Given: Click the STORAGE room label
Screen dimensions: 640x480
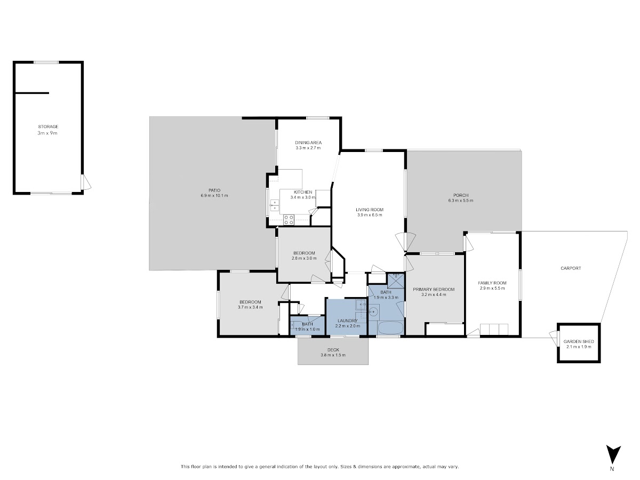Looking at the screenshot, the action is pyautogui.click(x=48, y=126).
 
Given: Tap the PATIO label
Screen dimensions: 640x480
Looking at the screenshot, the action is pyautogui.click(x=214, y=190).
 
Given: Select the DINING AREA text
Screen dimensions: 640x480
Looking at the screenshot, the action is pyautogui.click(x=308, y=142).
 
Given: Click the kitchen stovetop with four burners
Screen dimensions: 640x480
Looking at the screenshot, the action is pyautogui.click(x=289, y=220).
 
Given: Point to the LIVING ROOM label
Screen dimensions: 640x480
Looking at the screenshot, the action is pyautogui.click(x=370, y=210).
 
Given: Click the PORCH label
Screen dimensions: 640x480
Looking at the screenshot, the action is pyautogui.click(x=461, y=195).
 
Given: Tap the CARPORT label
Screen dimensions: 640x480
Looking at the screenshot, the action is pyautogui.click(x=571, y=268).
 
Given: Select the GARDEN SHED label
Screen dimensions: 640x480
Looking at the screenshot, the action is pyautogui.click(x=579, y=341).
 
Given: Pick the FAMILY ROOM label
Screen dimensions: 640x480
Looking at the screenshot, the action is pyautogui.click(x=492, y=283).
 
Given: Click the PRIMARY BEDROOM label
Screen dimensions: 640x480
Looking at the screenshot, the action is pyautogui.click(x=434, y=290).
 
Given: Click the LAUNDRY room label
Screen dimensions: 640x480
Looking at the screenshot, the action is pyautogui.click(x=347, y=321).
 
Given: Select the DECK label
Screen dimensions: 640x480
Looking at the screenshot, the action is pyautogui.click(x=333, y=350).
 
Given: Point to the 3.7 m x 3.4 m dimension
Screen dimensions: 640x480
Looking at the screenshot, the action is pyautogui.click(x=250, y=307).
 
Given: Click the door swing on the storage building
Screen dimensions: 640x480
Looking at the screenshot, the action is pyautogui.click(x=86, y=182).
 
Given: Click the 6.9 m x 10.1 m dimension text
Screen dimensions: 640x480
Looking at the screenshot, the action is pyautogui.click(x=214, y=196).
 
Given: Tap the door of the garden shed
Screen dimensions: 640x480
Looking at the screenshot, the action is pyautogui.click(x=553, y=338).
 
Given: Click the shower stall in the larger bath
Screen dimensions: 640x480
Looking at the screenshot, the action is pyautogui.click(x=396, y=281).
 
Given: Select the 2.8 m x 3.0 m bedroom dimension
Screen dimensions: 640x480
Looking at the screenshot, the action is pyautogui.click(x=304, y=258).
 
